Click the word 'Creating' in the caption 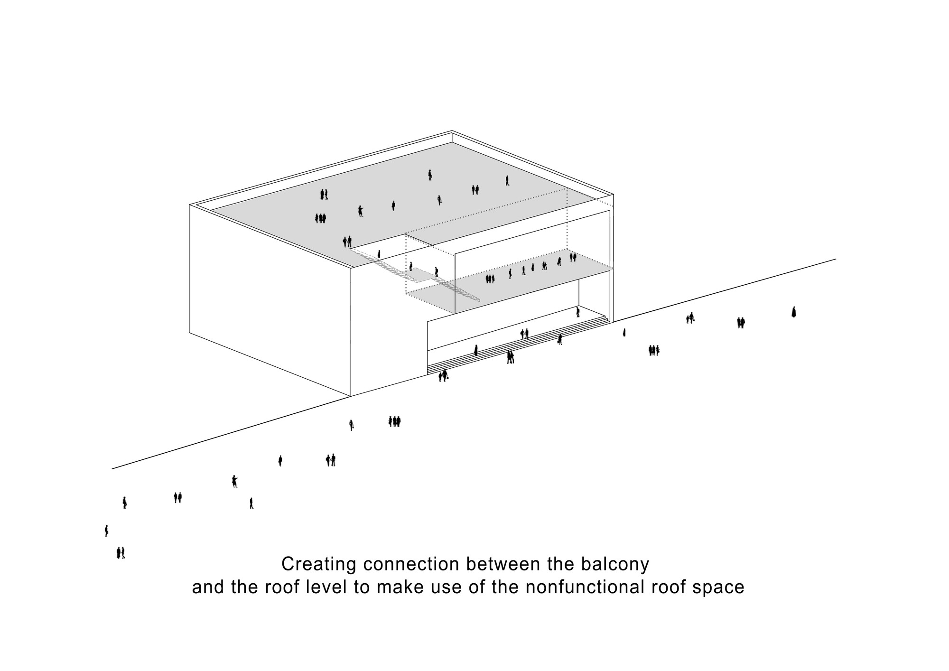318,565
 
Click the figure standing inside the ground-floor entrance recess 577,312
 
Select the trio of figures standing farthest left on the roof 321,218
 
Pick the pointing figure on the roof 361,211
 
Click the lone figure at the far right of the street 793,312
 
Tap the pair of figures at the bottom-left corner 121,553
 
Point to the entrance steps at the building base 517,346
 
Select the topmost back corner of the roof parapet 452,131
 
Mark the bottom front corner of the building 351,396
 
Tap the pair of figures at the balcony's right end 573,257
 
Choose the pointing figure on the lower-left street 234,481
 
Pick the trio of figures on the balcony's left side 490,279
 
